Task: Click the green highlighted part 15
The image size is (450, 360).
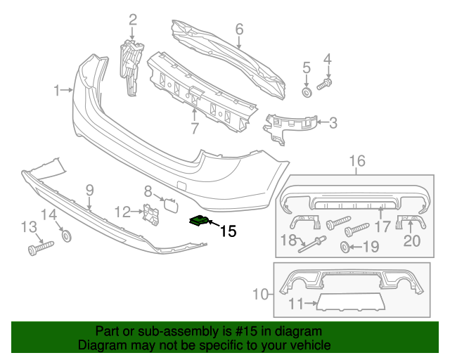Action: click(x=199, y=221)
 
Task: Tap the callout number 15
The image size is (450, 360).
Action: click(x=228, y=231)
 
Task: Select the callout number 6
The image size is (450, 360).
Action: click(x=239, y=29)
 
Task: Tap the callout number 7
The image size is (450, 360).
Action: click(x=194, y=128)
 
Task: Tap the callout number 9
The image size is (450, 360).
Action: click(x=89, y=189)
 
